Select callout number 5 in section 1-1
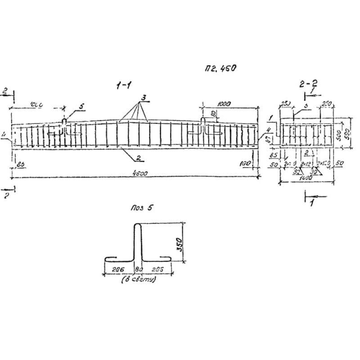point(81,106)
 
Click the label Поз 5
point(143,208)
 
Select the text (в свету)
point(139,279)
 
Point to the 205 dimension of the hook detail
point(157,270)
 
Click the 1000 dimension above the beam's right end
point(224,104)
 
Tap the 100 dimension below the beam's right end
point(245,164)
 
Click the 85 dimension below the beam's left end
point(21,165)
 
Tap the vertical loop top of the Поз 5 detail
point(138,227)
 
